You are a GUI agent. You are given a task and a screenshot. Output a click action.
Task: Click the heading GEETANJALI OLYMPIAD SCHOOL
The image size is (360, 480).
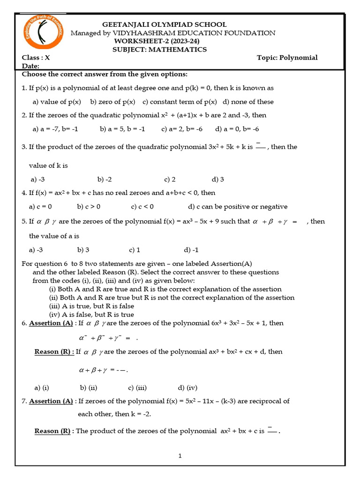(x=165, y=24)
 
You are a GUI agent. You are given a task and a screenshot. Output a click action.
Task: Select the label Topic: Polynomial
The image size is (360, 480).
(x=287, y=58)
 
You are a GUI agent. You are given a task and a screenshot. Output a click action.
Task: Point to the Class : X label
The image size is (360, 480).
(x=36, y=58)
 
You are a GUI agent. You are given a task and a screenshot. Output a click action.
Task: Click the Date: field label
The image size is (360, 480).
(x=30, y=67)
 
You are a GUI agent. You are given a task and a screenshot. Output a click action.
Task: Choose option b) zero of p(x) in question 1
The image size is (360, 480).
(x=112, y=102)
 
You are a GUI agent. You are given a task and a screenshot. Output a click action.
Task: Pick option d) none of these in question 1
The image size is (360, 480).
(x=248, y=102)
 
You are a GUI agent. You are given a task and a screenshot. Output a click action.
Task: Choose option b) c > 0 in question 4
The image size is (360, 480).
(x=89, y=206)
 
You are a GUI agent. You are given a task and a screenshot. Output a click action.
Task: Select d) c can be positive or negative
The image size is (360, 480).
(x=238, y=206)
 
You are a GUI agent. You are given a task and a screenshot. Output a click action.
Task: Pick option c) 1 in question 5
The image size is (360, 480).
(x=135, y=250)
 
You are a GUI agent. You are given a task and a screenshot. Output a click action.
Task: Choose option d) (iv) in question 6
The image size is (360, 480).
(x=187, y=388)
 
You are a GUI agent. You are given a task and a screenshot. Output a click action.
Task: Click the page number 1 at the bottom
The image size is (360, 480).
(x=180, y=456)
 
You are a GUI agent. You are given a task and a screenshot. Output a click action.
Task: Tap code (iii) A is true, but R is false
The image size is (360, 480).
(x=91, y=306)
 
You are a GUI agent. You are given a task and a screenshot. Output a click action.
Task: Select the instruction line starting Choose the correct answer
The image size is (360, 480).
(x=105, y=74)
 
